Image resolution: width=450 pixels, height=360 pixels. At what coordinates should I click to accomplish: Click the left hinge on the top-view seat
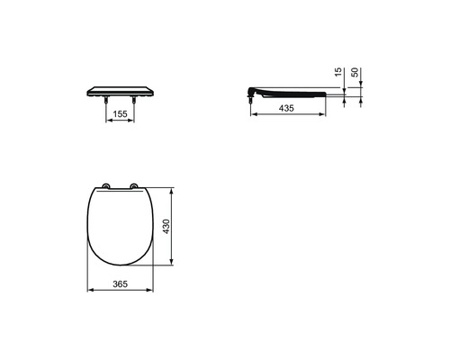[107, 187]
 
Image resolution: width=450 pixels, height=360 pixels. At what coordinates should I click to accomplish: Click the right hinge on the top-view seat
[135, 187]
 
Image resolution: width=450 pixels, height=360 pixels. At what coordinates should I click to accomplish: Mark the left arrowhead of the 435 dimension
[250, 114]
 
